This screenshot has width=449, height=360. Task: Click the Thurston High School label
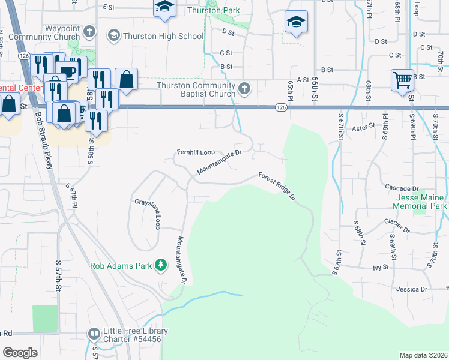point(163,36)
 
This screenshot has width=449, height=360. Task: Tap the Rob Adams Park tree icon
point(160,265)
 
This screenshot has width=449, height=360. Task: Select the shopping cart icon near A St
point(402,80)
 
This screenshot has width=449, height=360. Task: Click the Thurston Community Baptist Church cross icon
point(244,89)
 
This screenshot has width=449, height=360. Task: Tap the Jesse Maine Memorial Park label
point(420,202)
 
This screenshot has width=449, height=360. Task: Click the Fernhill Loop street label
point(195,152)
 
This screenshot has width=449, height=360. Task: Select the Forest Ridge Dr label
point(278,187)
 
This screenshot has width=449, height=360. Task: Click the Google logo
point(20,353)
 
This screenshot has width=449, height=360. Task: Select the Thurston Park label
point(213,11)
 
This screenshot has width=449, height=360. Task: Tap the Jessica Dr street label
point(412,289)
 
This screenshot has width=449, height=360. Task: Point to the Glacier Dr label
point(397,226)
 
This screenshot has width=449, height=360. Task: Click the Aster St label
point(363,127)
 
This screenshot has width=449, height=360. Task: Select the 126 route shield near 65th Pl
point(281,107)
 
